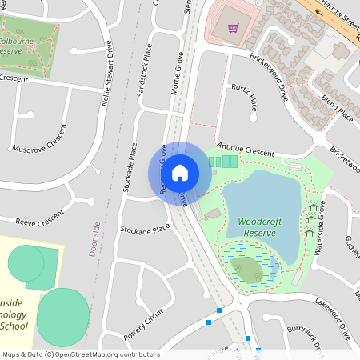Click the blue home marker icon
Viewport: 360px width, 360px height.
[180, 171]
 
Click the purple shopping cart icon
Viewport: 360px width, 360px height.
[234, 28]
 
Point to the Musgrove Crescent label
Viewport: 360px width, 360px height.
[38, 138]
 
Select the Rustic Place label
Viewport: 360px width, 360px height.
[243, 94]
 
